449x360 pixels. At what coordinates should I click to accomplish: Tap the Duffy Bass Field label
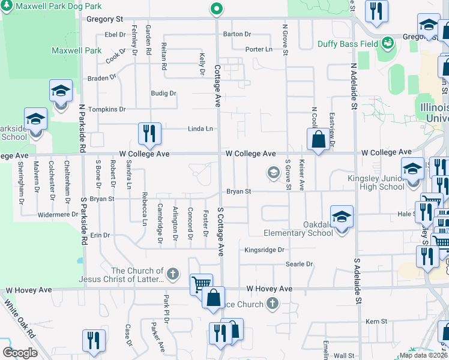pos(356,44)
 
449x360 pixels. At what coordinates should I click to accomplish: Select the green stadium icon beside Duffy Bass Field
pos(388,43)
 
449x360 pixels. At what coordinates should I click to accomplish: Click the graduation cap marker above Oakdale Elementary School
pos(341,217)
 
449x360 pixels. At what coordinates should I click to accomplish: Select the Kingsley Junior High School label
pos(376,182)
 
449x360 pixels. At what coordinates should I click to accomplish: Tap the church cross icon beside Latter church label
pos(173,274)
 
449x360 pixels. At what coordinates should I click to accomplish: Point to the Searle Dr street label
pos(300,264)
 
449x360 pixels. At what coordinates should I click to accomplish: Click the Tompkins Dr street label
pos(107,109)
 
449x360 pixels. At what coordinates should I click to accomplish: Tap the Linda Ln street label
pos(200,128)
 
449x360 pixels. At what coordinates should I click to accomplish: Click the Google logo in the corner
pos(20,353)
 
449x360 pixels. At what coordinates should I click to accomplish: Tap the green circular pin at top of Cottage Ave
pos(216,8)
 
